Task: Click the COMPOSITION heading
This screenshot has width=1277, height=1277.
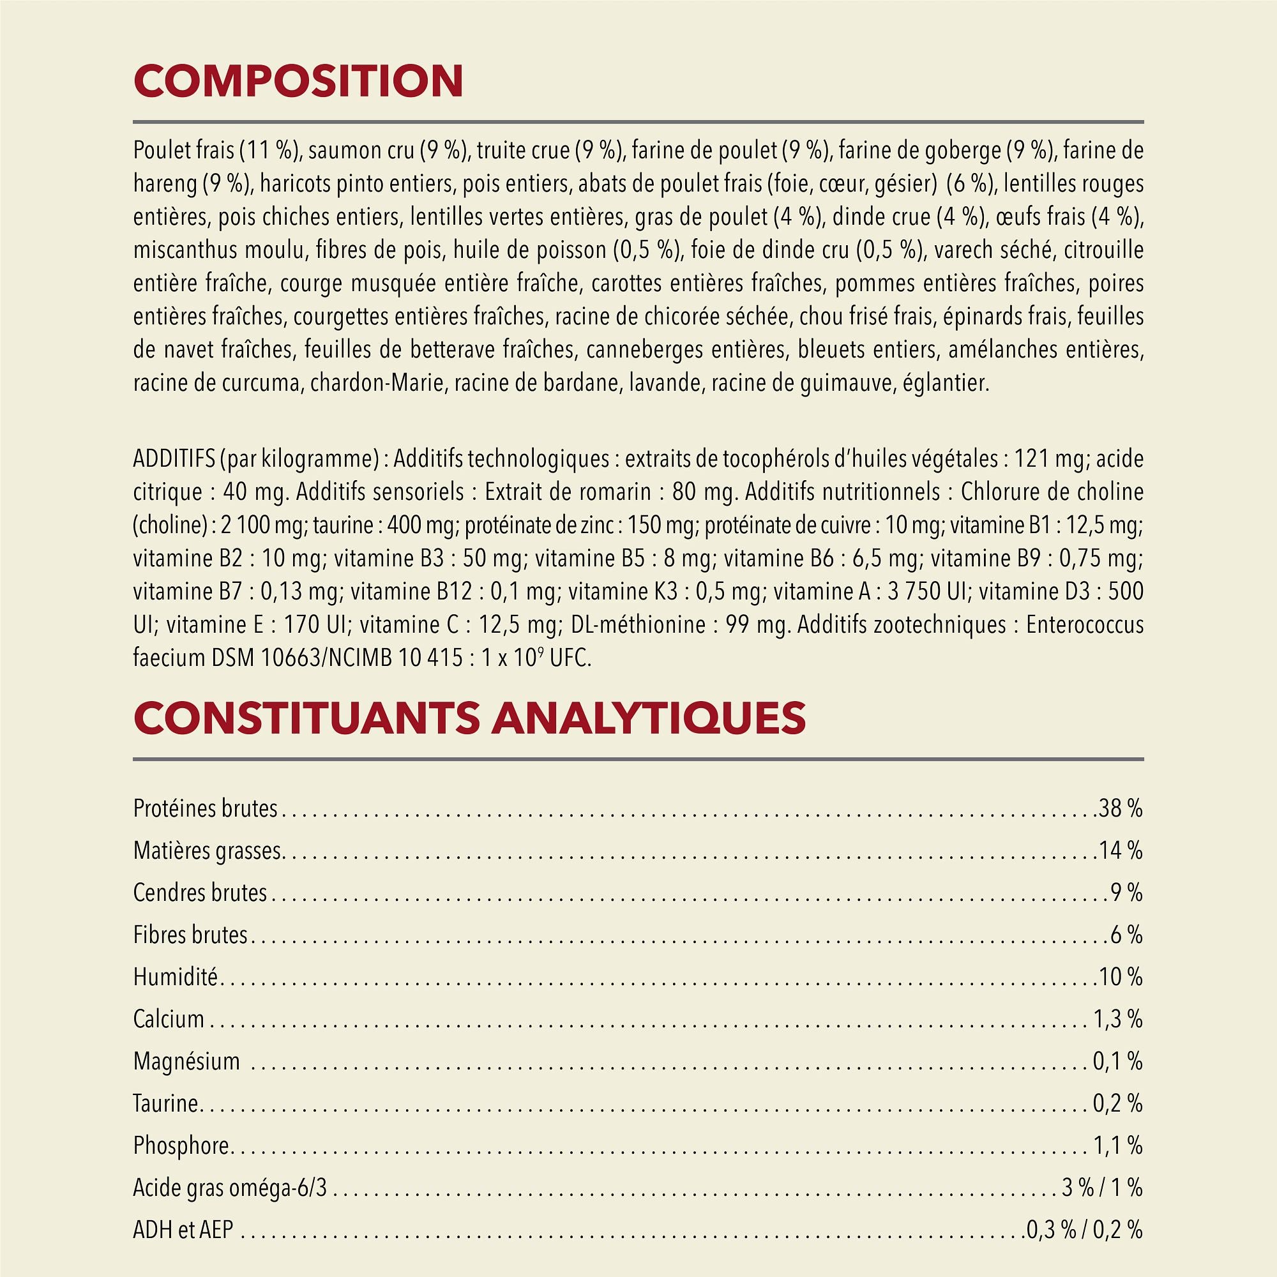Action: pos(298,81)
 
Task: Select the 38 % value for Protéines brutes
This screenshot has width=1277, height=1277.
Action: pos(1121,808)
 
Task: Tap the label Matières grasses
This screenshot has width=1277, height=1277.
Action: pos(208,850)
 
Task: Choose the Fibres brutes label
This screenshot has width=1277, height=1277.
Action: pos(190,935)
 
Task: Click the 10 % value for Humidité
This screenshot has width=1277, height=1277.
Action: pos(1121,977)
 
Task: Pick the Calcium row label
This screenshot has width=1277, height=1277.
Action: pos(169,1019)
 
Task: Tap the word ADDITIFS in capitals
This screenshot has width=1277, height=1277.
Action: pos(173,458)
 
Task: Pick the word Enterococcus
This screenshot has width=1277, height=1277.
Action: pos(1085,624)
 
